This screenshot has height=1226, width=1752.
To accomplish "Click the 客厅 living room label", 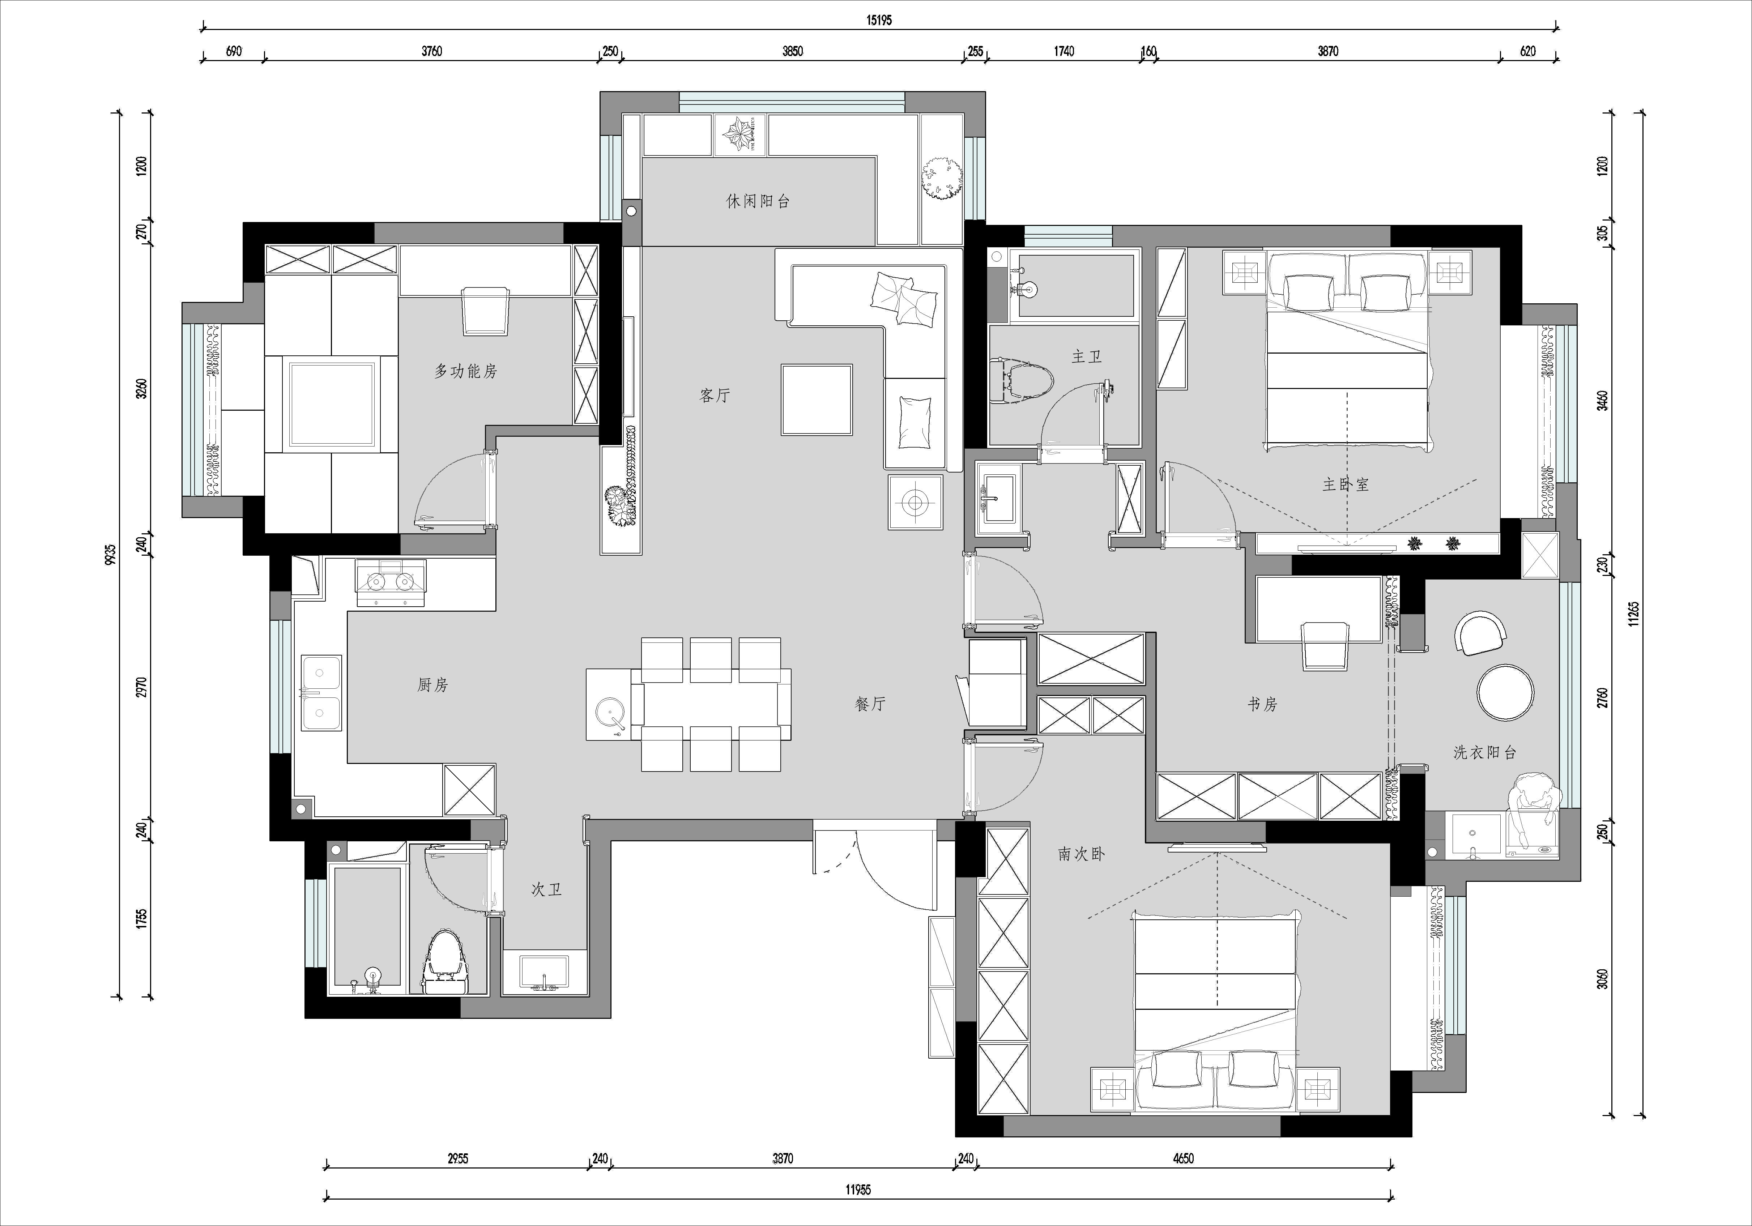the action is (715, 395).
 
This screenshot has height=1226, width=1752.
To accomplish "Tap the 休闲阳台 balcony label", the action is (758, 201).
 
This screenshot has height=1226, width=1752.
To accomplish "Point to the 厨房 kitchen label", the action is (432, 685).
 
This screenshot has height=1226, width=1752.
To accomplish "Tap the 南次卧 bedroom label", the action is (1081, 854).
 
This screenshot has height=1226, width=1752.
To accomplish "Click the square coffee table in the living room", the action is (817, 399).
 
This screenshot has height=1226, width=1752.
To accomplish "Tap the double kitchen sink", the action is (320, 692).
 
